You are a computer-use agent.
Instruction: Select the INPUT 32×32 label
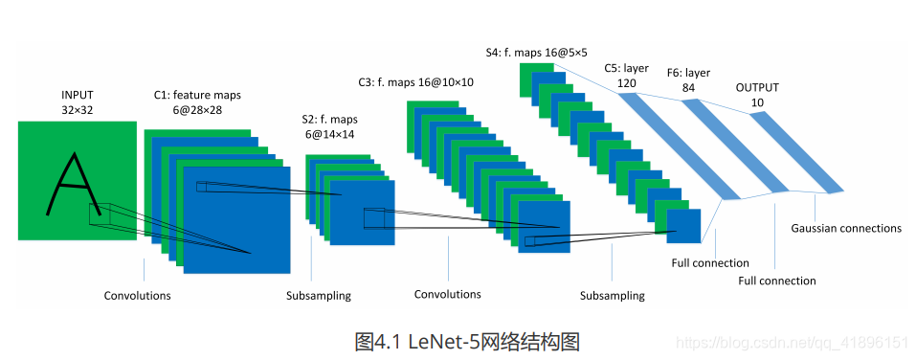(x=77, y=103)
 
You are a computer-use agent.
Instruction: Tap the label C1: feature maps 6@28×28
(x=198, y=103)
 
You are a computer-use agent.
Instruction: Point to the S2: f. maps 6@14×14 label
(x=329, y=127)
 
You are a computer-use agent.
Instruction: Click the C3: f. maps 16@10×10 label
(x=416, y=83)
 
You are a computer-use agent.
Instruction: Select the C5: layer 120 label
(x=626, y=76)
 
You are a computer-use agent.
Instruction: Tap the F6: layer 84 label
(x=688, y=80)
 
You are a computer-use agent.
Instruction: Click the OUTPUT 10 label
(x=757, y=94)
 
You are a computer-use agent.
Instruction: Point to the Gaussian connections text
(x=846, y=229)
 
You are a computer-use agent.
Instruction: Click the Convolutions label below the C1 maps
(x=137, y=296)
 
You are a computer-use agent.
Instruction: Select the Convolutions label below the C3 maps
(x=447, y=294)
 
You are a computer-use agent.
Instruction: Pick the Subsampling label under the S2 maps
(x=318, y=296)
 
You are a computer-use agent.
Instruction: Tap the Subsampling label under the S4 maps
(x=612, y=296)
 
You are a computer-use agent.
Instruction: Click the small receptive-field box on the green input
(x=100, y=214)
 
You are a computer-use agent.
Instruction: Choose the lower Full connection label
(x=777, y=281)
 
